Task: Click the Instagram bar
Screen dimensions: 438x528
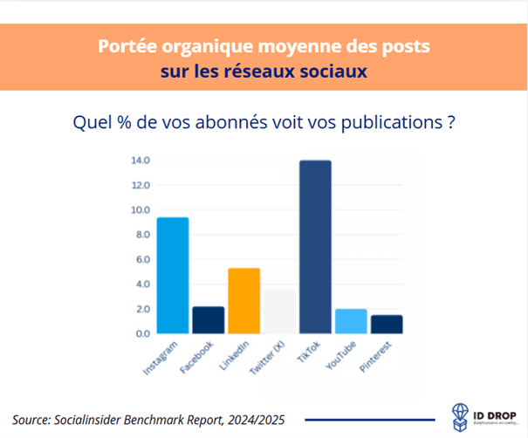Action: pos(172,275)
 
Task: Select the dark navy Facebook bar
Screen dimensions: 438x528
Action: pos(208,320)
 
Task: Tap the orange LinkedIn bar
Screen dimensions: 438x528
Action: pos(243,301)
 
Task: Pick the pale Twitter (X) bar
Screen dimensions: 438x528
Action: pos(279,311)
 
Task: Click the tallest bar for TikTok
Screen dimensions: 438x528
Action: pos(315,247)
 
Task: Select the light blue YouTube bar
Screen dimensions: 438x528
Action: pos(351,321)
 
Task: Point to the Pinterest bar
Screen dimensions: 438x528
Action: pos(387,324)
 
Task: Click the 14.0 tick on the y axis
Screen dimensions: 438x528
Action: pos(140,161)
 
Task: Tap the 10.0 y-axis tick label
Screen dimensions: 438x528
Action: pos(140,210)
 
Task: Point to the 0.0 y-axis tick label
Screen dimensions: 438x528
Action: pos(141,333)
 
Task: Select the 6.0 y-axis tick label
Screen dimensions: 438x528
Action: pos(141,260)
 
